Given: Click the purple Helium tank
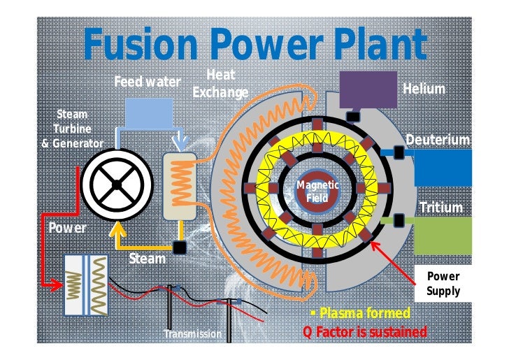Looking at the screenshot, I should (367, 89).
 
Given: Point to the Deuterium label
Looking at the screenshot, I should (438, 140).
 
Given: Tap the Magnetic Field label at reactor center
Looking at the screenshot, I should (317, 191).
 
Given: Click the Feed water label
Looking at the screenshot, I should (148, 82).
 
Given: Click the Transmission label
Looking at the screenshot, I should (192, 334).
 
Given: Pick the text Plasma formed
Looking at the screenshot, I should (364, 312).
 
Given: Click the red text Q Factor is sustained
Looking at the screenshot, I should (364, 331).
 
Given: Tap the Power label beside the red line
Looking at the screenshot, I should (67, 228).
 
